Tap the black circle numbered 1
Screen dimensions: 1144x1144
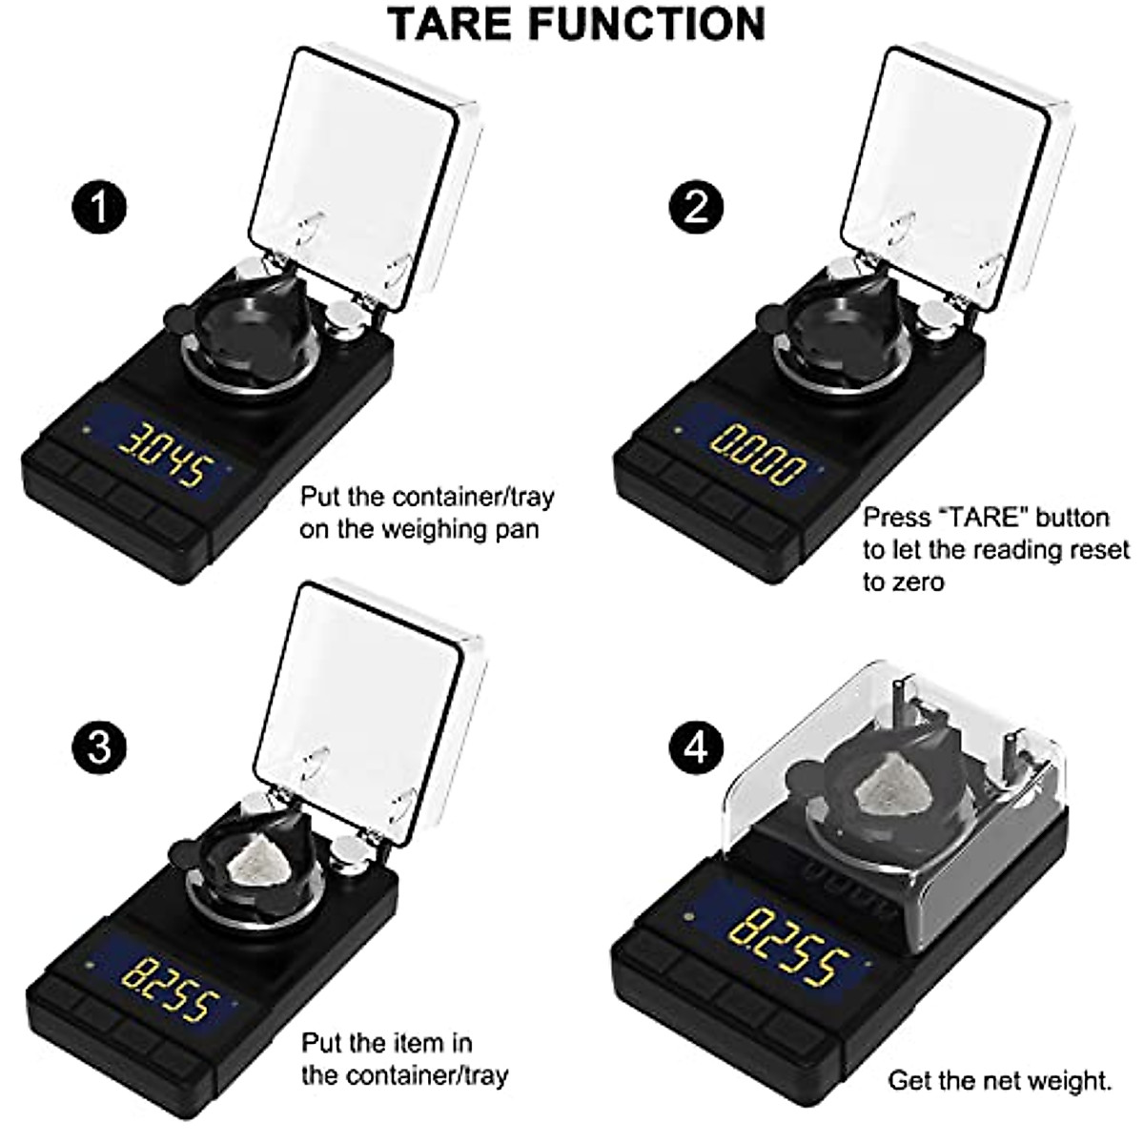tap(99, 207)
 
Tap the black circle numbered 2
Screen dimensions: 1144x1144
tap(697, 207)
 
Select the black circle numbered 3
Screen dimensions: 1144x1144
tap(99, 746)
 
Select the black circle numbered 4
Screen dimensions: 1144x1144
tap(697, 746)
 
